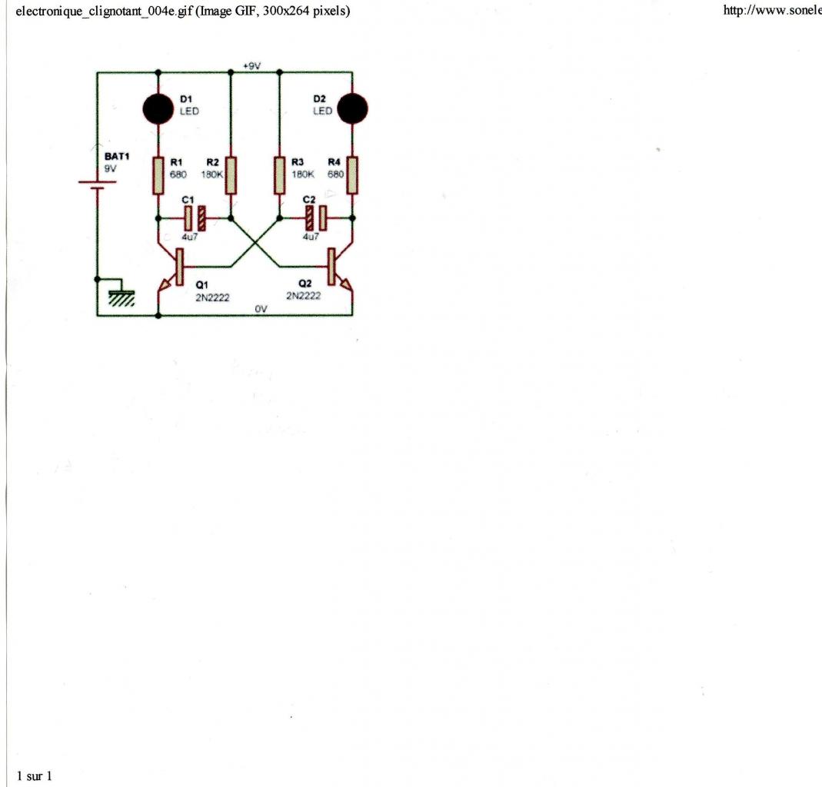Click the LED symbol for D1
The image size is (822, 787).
pos(158,108)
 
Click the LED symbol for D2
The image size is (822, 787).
pos(353,108)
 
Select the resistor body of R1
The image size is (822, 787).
pos(158,174)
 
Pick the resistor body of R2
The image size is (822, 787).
pos(231,174)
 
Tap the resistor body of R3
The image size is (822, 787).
pos(279,174)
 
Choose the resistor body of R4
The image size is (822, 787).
pos(352,174)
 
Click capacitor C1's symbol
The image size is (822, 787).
pos(194,218)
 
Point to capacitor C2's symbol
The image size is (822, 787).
pos(316,218)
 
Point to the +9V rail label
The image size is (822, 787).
pos(252,67)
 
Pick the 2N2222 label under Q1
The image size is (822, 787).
pos(212,297)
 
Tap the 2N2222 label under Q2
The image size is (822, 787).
pos(303,295)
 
